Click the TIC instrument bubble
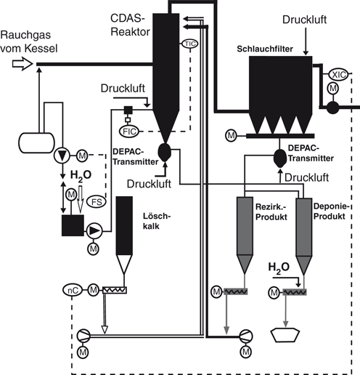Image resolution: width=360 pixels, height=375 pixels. tap(190, 44)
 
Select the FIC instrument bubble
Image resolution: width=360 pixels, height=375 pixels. tap(129, 132)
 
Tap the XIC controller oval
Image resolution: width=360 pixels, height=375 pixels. tap(338, 75)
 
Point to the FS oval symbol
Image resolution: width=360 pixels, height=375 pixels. tap(97, 201)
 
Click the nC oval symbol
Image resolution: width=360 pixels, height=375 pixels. tap(73, 290)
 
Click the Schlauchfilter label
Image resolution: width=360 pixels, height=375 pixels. tap(265, 49)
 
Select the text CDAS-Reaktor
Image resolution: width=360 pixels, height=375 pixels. tap(130, 25)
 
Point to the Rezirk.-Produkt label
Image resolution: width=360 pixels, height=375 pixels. tap(271, 212)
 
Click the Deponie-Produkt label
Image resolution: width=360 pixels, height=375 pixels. tap(332, 211)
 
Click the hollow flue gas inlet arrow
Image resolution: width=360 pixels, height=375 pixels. tap(22, 64)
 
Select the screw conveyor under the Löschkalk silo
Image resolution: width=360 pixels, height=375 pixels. tap(115, 290)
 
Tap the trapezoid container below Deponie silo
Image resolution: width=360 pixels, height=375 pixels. tap(285, 335)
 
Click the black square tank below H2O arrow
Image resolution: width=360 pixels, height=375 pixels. tap(73, 225)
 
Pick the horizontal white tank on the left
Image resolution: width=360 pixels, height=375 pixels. tap(36, 142)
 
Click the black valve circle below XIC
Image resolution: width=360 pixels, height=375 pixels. tap(333, 108)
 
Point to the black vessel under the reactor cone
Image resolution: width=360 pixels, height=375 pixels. tap(165, 152)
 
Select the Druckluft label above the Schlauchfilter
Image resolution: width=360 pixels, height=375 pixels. tap(304, 20)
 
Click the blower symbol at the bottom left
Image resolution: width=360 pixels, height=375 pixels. tap(83, 336)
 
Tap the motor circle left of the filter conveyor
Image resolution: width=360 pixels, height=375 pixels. tap(231, 136)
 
